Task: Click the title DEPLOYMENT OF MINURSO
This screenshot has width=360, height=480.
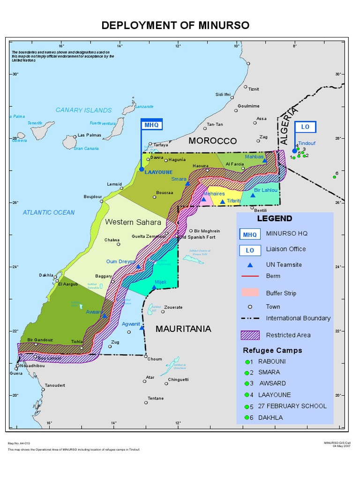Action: tap(176, 25)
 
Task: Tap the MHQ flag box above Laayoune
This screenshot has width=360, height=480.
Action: tap(151, 125)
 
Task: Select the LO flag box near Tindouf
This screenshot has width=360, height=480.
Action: tap(305, 127)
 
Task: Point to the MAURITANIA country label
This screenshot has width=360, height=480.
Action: tap(183, 329)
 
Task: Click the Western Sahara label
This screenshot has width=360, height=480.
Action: tap(133, 222)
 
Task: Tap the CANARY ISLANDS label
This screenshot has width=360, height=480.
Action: tap(83, 110)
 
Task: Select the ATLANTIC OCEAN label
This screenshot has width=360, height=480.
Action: tap(49, 212)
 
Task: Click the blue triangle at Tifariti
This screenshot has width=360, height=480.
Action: tap(223, 202)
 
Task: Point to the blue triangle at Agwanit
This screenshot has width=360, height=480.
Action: tap(142, 328)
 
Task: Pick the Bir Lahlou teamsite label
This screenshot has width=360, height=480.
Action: tap(266, 190)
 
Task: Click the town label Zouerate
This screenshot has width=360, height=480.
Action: tap(174, 307)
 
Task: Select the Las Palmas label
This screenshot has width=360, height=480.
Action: tap(89, 135)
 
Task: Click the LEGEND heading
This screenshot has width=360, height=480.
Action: tap(274, 218)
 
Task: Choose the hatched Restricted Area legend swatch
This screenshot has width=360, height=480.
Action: tap(249, 335)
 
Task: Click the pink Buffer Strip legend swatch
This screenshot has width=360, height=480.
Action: tap(249, 293)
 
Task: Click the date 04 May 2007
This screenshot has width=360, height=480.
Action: tap(341, 446)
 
